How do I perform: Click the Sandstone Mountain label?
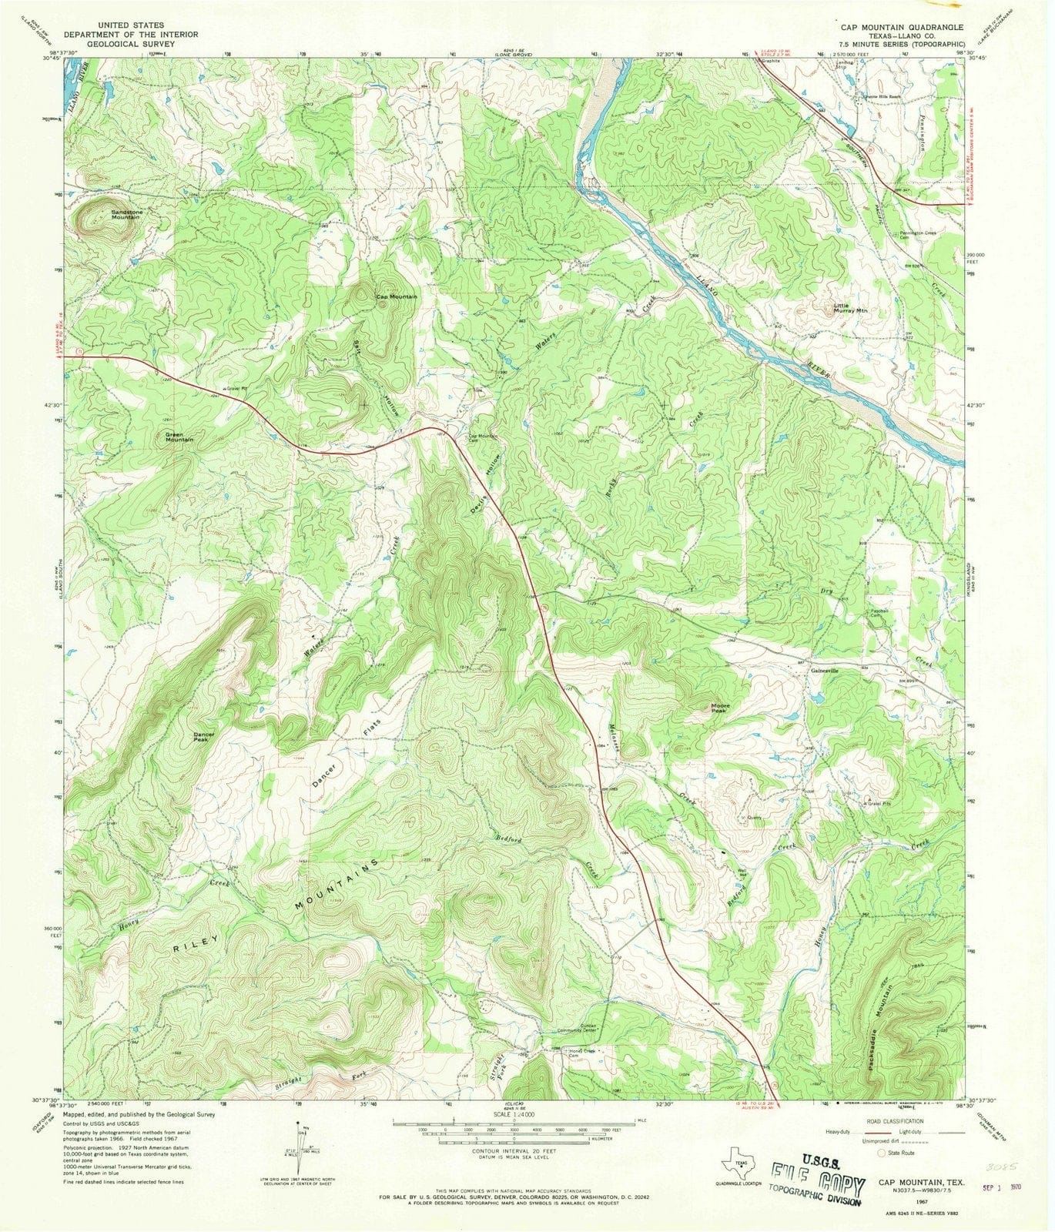tap(126, 214)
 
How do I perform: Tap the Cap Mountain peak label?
tap(397, 296)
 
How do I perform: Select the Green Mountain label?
tap(179, 437)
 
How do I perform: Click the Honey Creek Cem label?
tap(583, 1053)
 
